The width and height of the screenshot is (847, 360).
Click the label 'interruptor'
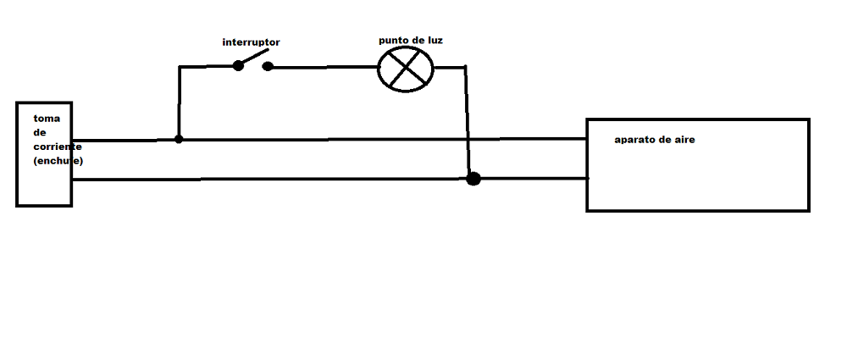coord(252,42)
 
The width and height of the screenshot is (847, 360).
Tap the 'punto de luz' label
coord(411,41)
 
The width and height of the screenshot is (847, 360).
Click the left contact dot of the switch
coord(238,65)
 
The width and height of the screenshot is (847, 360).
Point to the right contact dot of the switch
coord(268,66)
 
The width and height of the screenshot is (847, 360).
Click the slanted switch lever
coord(253,58)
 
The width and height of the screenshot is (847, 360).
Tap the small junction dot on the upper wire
coord(179,139)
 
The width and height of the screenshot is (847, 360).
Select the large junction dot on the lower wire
coord(473,179)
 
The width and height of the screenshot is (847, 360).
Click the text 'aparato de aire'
coord(655,140)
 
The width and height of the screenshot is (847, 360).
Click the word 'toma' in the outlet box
coord(47,119)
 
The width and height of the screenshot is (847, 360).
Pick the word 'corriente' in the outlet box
coord(58,147)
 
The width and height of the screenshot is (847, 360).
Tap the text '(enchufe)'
coord(58,161)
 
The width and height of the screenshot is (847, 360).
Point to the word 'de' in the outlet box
coord(40,132)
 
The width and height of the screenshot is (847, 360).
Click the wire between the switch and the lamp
coord(324,67)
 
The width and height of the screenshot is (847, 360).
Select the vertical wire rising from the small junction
coord(179,102)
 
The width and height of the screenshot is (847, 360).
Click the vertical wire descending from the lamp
coord(468,122)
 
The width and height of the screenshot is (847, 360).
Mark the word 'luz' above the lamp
coord(435,41)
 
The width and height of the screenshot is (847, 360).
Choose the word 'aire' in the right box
coord(684,140)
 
